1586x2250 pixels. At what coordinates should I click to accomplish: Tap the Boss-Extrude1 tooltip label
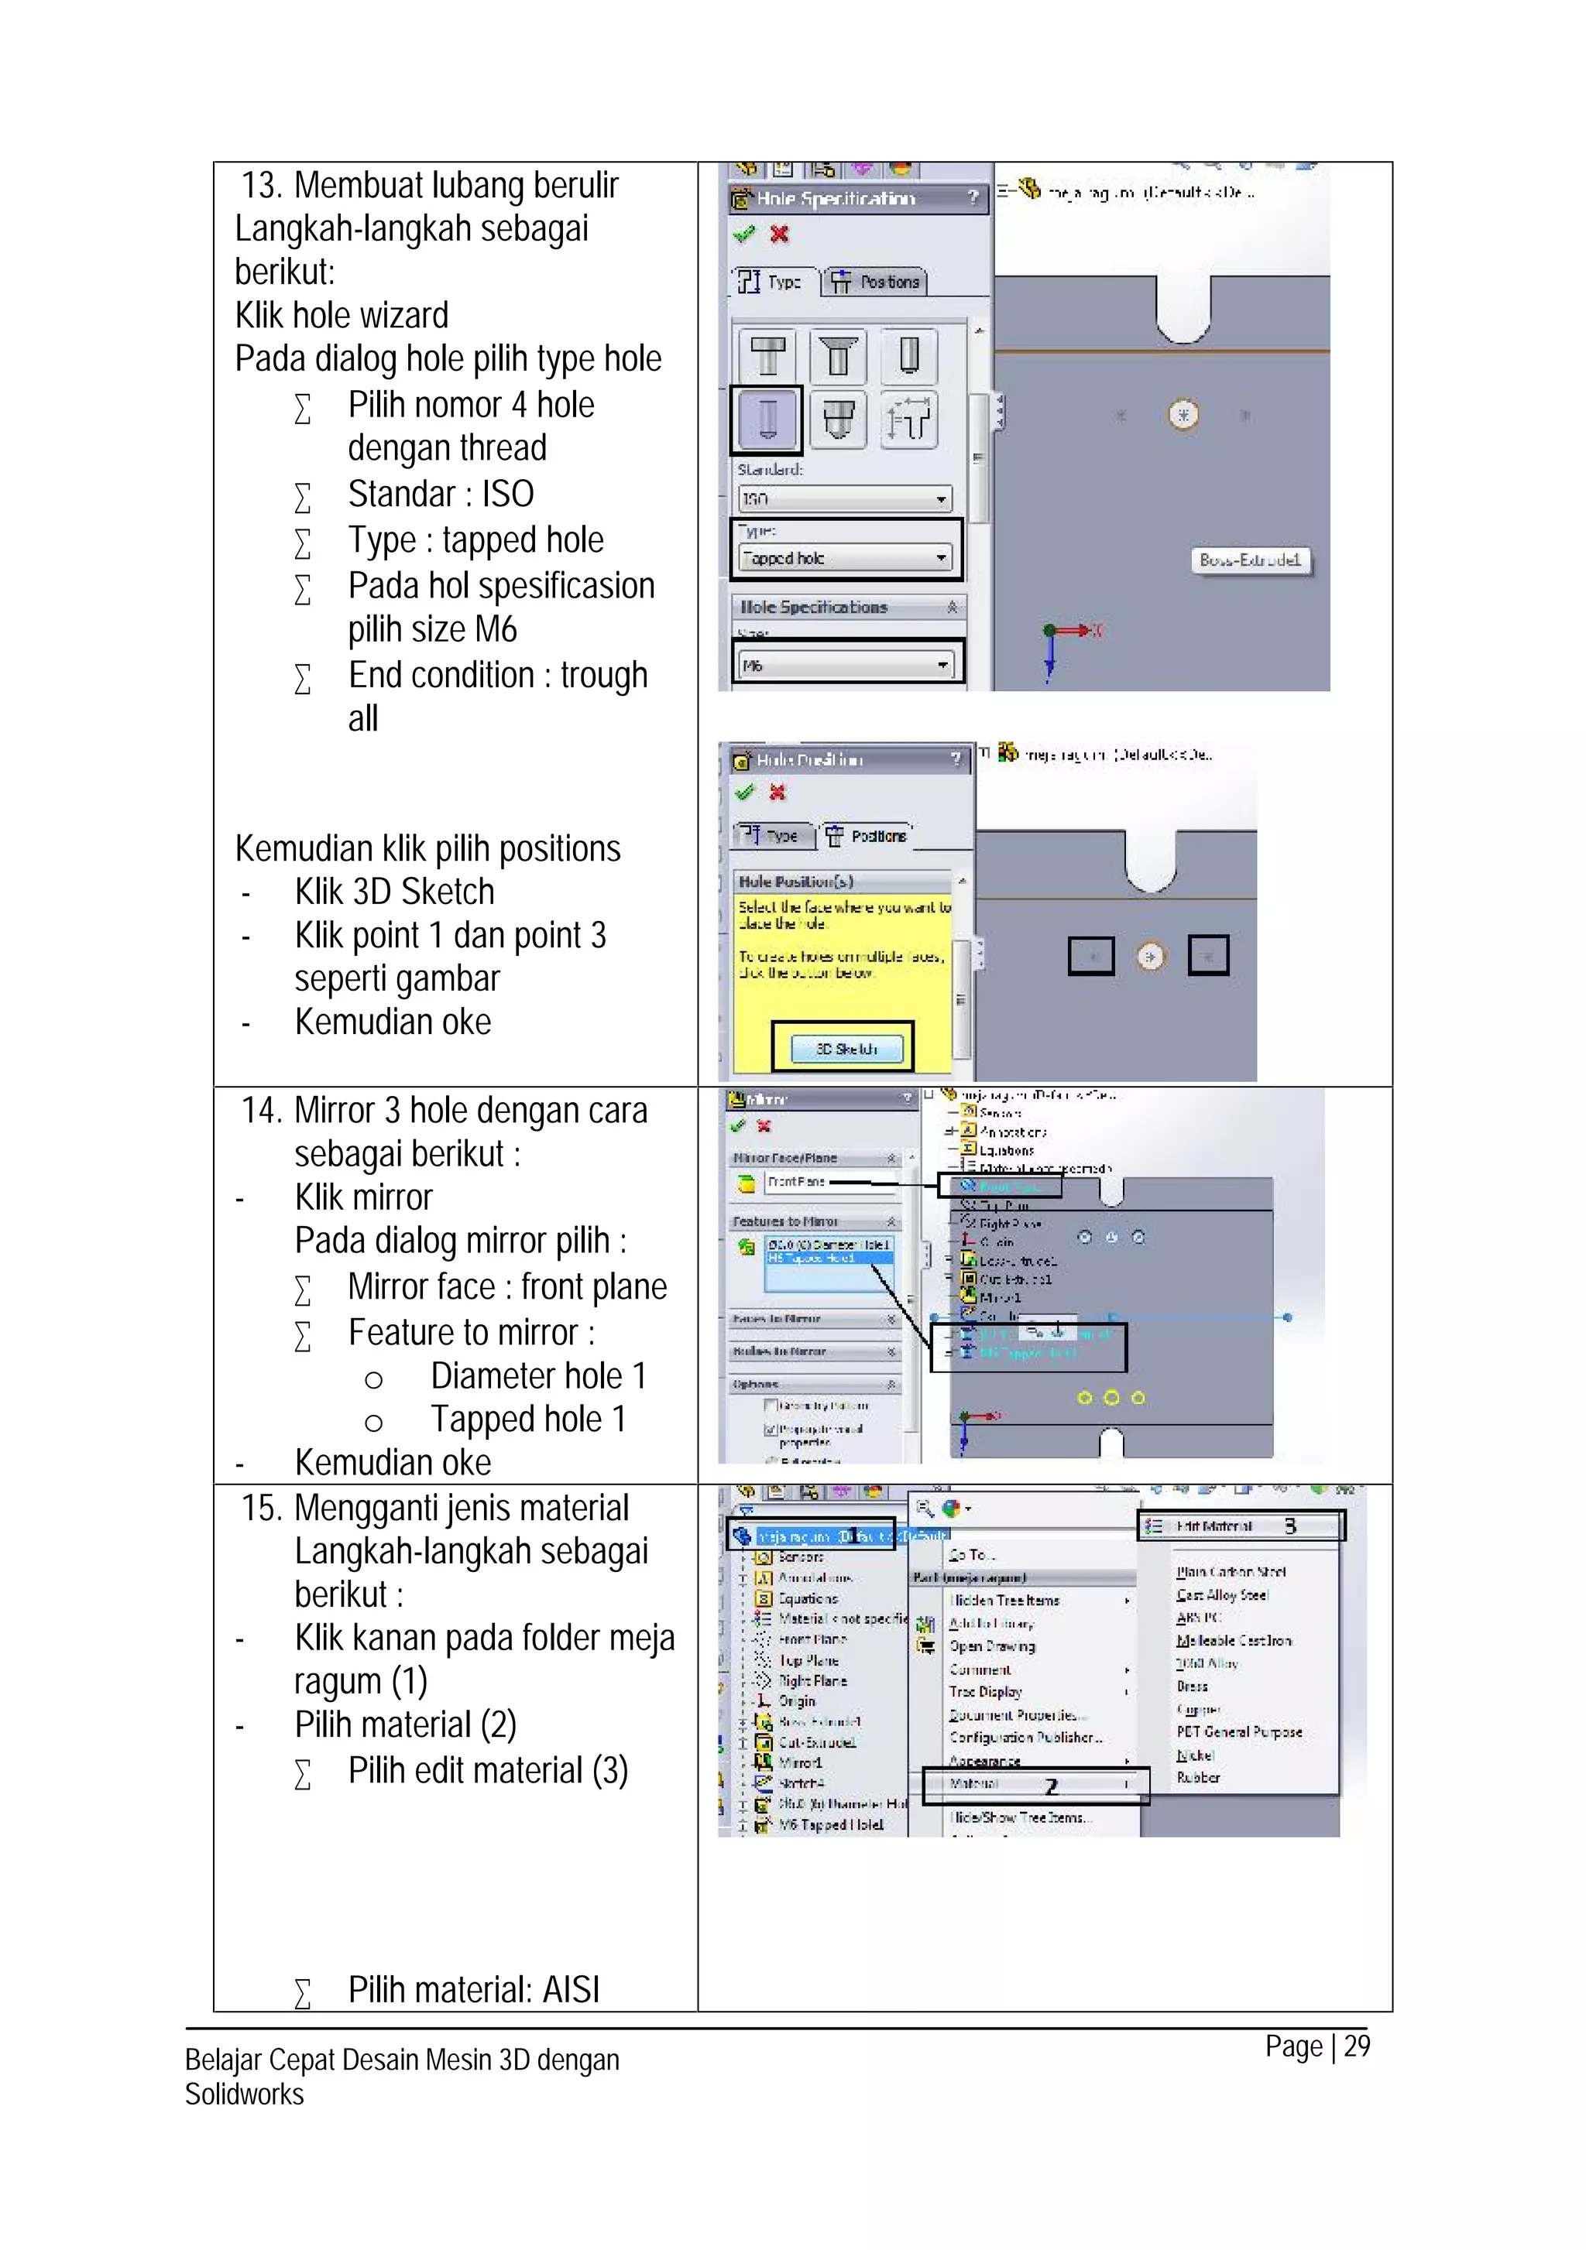1249,560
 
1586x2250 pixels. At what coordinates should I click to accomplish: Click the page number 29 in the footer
1357,2046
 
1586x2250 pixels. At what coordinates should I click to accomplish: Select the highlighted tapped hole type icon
767,419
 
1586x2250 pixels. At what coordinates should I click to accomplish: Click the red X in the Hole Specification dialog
779,235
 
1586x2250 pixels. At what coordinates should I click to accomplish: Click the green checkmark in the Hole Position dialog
745,792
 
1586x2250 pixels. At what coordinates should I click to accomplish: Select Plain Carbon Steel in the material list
1231,1572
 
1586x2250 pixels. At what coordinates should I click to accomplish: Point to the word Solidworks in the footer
244,2095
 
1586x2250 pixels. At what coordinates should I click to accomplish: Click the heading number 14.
263,1111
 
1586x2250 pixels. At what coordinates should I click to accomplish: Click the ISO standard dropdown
845,498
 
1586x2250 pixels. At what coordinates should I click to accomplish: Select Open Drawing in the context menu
991,1646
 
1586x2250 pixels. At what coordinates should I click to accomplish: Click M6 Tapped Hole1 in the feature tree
831,1825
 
